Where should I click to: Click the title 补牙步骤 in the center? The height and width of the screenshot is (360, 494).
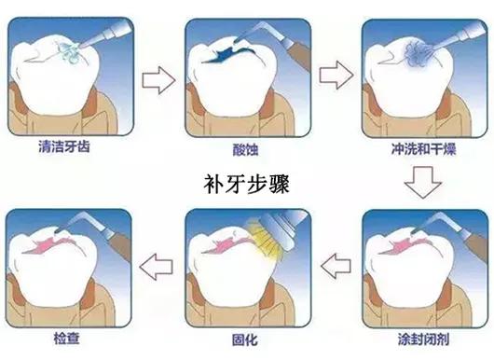point(246,180)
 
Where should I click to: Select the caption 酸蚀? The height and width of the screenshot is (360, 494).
point(246,147)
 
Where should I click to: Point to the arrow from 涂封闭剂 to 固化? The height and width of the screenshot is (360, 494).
point(336,270)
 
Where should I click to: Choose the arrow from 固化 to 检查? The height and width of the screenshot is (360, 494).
point(159,270)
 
